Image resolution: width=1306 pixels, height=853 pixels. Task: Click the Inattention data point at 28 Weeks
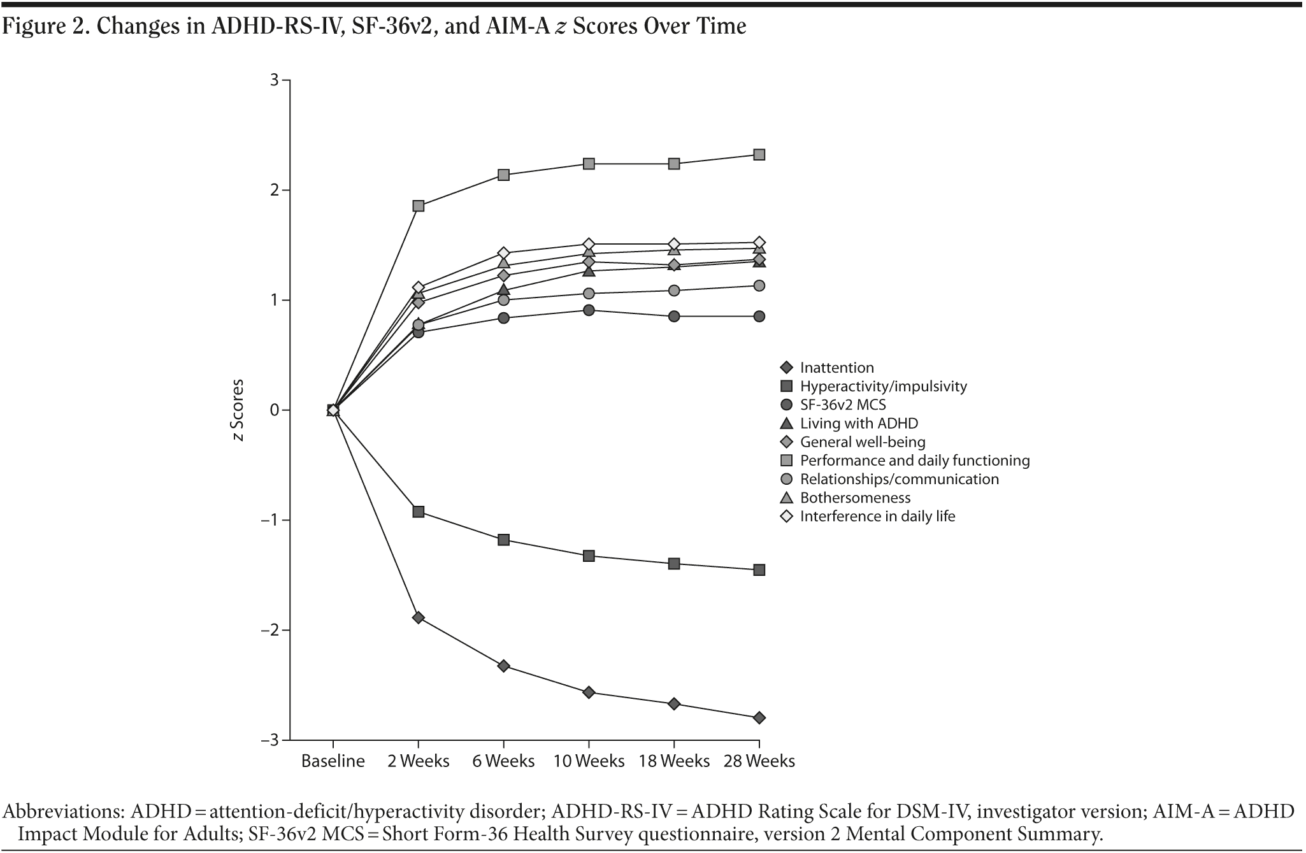759,718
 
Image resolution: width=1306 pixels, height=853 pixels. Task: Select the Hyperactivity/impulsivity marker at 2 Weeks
419,512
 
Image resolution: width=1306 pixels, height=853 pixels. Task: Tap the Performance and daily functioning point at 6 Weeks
503,175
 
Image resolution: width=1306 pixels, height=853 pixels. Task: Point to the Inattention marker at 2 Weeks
419,617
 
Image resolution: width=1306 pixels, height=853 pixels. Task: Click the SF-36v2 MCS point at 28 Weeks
759,316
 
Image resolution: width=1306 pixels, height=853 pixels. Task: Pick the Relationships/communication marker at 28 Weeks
759,285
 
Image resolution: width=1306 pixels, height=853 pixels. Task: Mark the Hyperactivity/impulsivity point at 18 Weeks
674,564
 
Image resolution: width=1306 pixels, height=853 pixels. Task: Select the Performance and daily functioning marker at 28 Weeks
759,155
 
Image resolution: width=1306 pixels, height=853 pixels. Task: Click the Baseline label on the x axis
333,761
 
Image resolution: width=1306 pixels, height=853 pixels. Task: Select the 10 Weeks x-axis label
589,761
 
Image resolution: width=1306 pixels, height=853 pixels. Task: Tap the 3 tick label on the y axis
275,80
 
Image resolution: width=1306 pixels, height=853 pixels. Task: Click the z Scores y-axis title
238,411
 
